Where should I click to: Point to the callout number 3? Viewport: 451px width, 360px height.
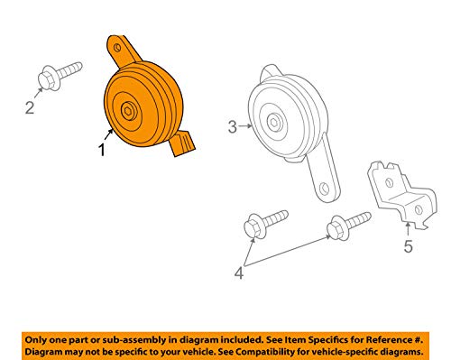(x=232, y=127)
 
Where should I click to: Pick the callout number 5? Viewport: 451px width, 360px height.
(x=409, y=244)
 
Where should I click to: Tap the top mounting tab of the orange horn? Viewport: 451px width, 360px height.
(x=118, y=46)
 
